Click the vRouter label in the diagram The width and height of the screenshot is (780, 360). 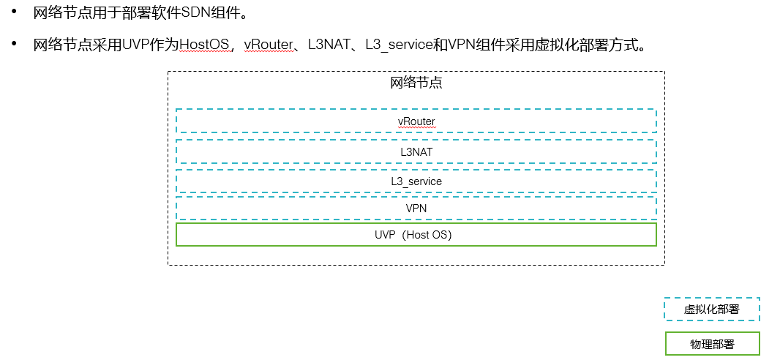point(416,121)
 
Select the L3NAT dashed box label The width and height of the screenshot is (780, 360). point(416,151)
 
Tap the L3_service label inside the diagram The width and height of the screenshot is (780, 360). point(416,181)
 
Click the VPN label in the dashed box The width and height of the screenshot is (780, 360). point(416,209)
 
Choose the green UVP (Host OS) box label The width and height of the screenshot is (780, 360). point(416,235)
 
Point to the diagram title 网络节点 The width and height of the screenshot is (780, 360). point(416,83)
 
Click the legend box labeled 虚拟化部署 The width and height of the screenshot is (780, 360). point(711,310)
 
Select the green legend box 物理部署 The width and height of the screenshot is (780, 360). point(711,344)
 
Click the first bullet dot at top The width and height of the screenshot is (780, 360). point(14,12)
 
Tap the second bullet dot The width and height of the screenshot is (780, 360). point(14,45)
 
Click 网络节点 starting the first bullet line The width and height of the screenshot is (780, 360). point(59,13)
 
